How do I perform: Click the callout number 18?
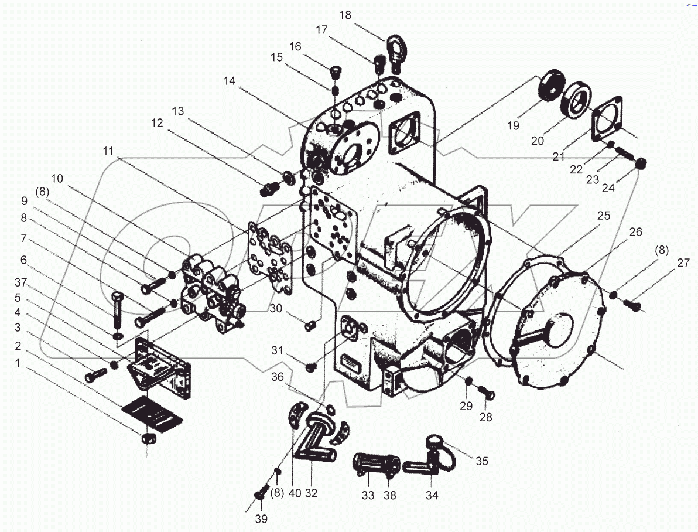pos(345,15)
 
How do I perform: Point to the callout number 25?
pos(604,216)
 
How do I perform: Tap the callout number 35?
pos(481,461)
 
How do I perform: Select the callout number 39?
pos(261,519)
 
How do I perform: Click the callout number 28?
pos(485,417)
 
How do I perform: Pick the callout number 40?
pos(295,493)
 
